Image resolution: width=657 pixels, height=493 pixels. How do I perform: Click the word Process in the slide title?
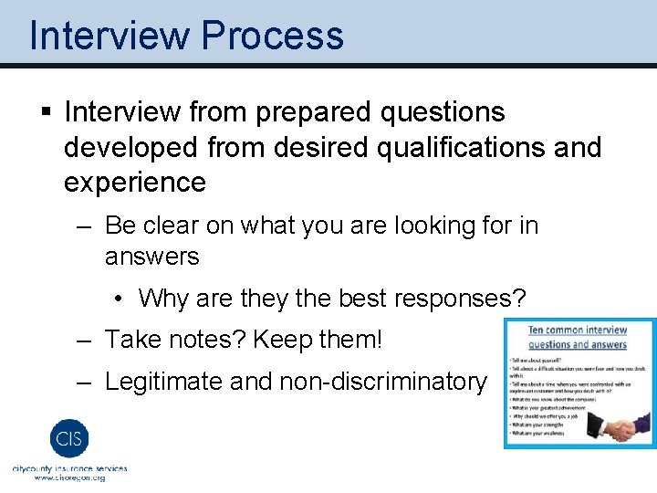273,36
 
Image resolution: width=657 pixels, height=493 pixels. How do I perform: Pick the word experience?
135,182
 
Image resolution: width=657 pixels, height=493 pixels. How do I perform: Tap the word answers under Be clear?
151,257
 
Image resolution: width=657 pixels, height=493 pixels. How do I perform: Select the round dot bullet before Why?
120,299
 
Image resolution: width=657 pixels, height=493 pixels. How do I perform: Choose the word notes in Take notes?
206,341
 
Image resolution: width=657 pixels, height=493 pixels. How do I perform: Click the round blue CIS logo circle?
69,437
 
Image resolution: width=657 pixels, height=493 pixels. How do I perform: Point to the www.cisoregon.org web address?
69,477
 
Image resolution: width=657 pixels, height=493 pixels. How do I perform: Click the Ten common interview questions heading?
578,337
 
